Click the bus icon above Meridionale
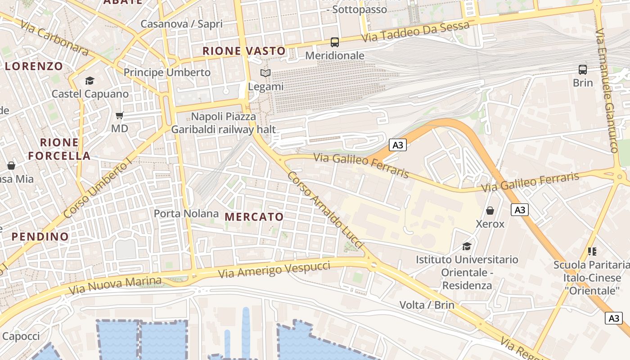coord(334,42)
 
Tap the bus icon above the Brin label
coord(583,70)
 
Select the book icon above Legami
coord(266,73)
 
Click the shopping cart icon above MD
coord(119,116)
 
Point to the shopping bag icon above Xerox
coord(490,210)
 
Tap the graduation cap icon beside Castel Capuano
coord(90,81)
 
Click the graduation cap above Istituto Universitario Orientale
coord(467,246)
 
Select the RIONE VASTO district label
coord(244,51)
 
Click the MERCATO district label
coord(254,217)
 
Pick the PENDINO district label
coord(40,237)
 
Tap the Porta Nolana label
coord(186,213)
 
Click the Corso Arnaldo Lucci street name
coord(325,209)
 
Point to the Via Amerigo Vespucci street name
coord(274,269)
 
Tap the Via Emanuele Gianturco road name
coord(607,90)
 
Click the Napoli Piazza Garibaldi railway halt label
coord(223,123)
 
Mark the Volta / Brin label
coord(427,305)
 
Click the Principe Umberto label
coord(167,72)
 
